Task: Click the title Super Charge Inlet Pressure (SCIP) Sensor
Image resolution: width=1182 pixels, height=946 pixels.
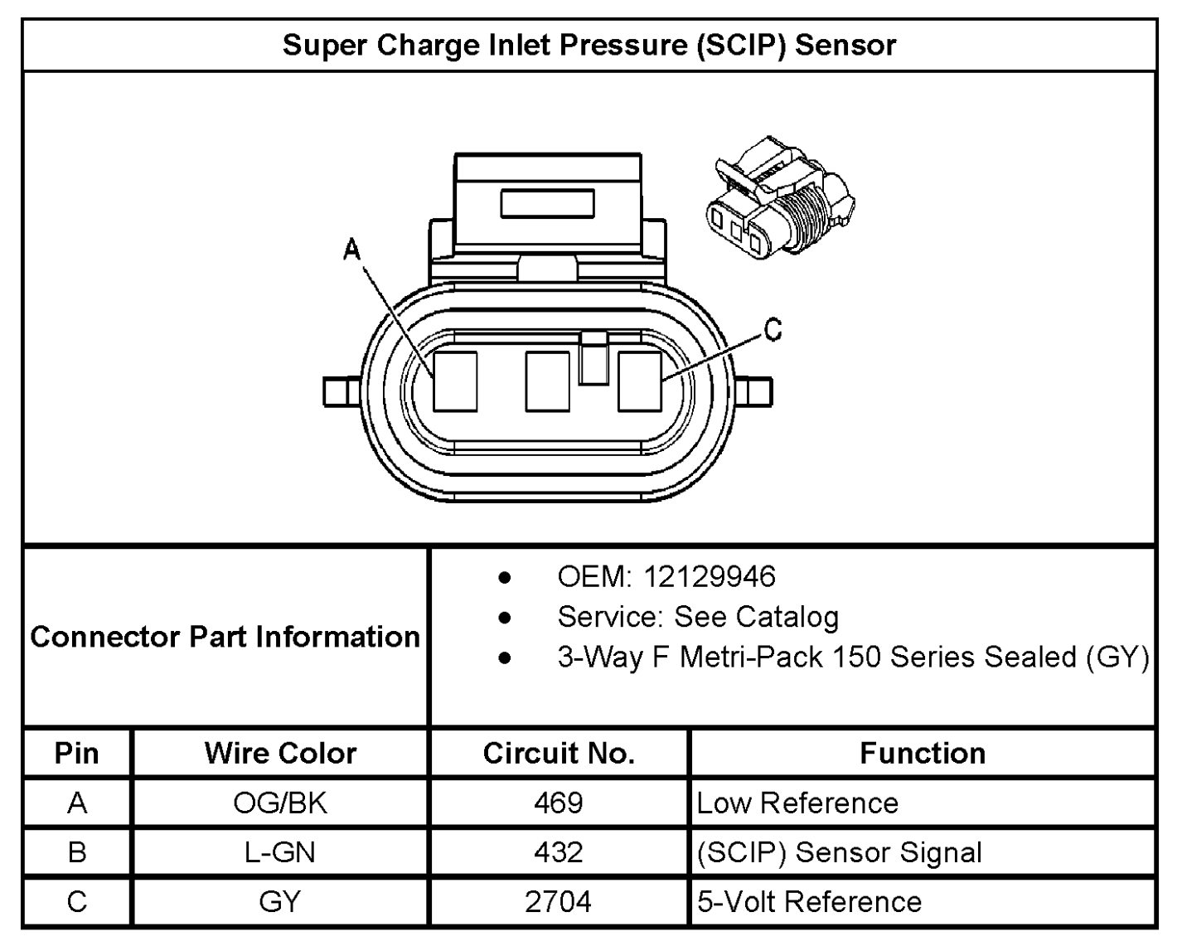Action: click(589, 45)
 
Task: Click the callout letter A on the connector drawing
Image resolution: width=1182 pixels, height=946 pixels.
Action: click(351, 250)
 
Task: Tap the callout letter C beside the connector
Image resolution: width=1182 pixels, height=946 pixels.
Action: click(773, 330)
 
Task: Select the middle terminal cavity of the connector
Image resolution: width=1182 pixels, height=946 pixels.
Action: click(547, 381)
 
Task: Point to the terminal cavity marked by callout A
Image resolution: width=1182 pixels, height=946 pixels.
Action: click(455, 381)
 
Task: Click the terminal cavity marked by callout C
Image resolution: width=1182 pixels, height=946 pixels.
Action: click(639, 381)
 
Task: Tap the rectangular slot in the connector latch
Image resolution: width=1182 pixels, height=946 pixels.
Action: click(547, 203)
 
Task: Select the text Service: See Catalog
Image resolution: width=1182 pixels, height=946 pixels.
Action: click(698, 617)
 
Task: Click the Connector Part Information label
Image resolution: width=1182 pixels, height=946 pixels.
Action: click(225, 637)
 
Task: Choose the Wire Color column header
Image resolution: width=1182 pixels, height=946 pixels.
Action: click(281, 753)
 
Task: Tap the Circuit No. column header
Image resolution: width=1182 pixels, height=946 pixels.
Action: click(559, 753)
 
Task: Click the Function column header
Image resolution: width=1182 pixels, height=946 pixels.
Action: click(923, 753)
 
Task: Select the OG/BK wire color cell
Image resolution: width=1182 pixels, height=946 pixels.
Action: click(280, 803)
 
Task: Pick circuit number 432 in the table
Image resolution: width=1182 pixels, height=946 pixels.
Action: click(559, 852)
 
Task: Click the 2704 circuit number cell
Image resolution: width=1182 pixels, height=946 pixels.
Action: click(558, 901)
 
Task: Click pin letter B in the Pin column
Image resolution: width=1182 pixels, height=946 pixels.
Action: click(77, 852)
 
